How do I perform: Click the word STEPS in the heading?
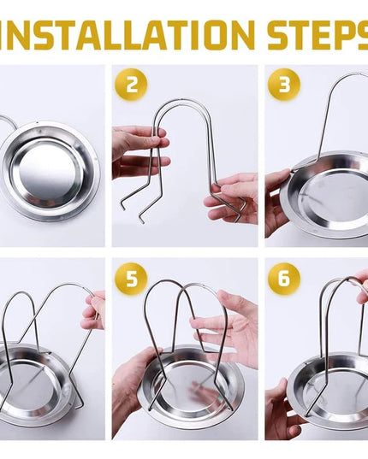pyautogui.click(x=318, y=35)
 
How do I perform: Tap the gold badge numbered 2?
pyautogui.click(x=131, y=85)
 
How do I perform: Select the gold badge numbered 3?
pyautogui.click(x=284, y=85)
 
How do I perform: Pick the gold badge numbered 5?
pyautogui.click(x=131, y=278)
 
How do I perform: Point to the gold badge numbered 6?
pyautogui.click(x=284, y=278)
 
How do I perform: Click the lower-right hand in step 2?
pyautogui.click(x=231, y=199)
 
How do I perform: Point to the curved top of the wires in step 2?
pyautogui.click(x=181, y=100)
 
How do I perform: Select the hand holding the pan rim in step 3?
pyautogui.click(x=277, y=202)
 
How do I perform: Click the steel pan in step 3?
pyautogui.click(x=325, y=196)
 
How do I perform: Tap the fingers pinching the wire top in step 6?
pyautogui.click(x=362, y=288)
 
